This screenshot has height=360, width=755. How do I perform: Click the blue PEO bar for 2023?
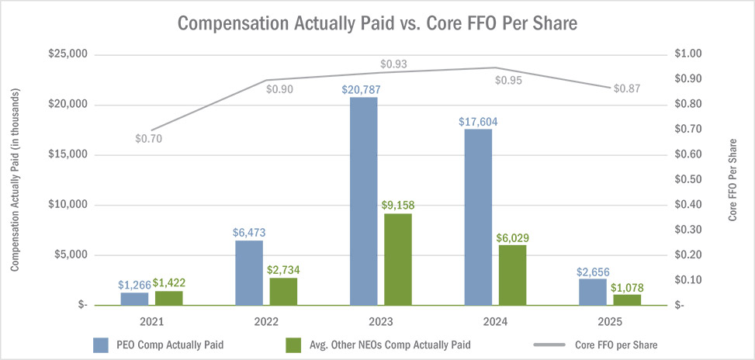tap(363, 201)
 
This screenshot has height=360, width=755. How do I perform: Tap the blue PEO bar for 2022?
tap(249, 272)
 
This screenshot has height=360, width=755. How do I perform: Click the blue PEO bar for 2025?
tap(593, 292)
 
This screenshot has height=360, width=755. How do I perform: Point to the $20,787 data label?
tap(362, 89)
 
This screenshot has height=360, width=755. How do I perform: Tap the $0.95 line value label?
tap(510, 80)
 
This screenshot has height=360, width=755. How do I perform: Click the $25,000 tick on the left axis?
tap(67, 54)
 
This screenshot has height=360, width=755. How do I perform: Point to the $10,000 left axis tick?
tap(67, 205)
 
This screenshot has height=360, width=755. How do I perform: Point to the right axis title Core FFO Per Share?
tap(734, 180)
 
